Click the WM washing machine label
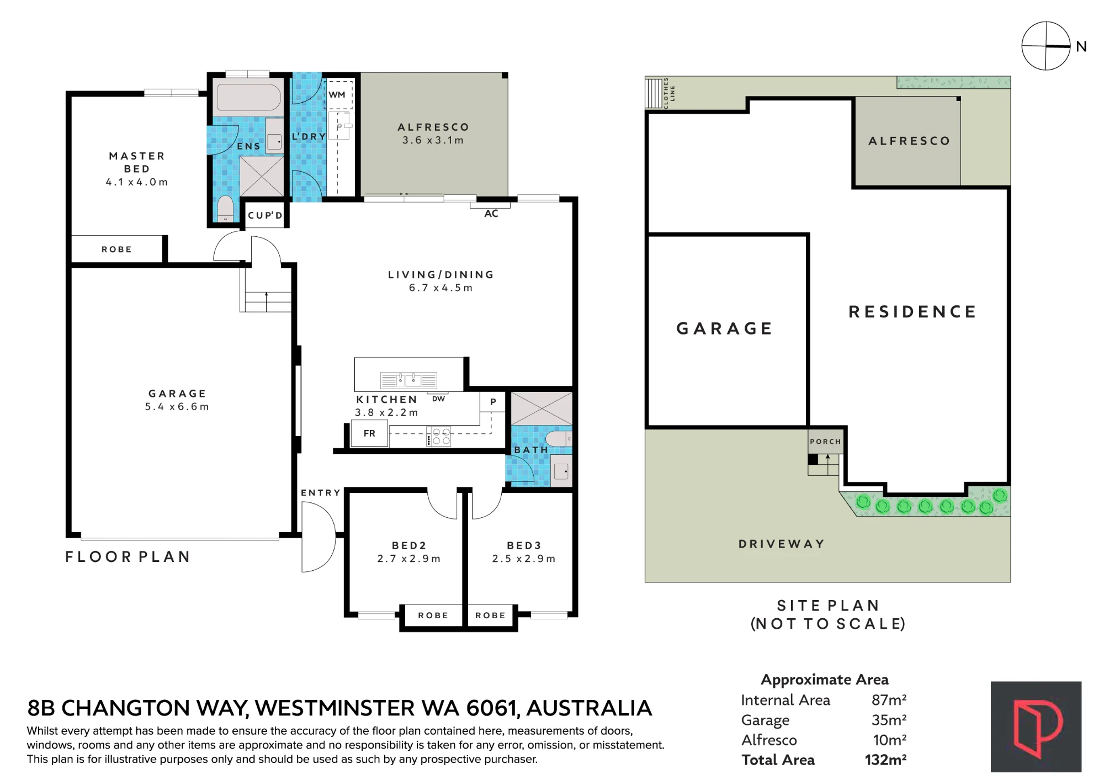[337, 94]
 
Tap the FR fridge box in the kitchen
[369, 434]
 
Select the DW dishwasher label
[438, 399]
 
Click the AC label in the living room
[491, 214]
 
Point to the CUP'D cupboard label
[265, 215]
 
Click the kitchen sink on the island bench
[409, 380]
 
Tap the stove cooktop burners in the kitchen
[439, 436]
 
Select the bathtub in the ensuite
[248, 98]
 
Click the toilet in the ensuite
[225, 209]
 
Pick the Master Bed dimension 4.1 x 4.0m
[137, 182]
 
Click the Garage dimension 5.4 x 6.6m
[177, 407]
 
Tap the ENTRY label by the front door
[321, 493]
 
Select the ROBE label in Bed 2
[433, 615]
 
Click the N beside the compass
[1081, 47]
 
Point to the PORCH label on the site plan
[825, 442]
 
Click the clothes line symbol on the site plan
[654, 93]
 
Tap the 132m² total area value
[885, 760]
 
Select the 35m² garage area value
[889, 720]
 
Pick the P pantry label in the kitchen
[493, 402]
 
